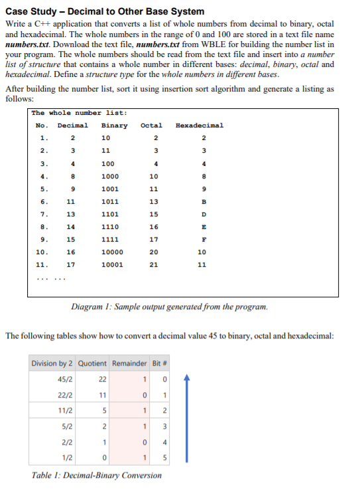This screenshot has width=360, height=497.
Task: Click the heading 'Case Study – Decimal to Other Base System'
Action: pyautogui.click(x=105, y=11)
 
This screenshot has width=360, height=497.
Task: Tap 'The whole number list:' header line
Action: pyautogui.click(x=75, y=113)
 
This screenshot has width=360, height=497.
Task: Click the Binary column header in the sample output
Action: pyautogui.click(x=115, y=125)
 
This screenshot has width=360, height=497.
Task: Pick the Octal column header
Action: pyautogui.click(x=151, y=125)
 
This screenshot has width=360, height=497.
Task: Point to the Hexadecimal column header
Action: pyautogui.click(x=200, y=125)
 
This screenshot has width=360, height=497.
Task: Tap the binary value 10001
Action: pyautogui.click(x=111, y=265)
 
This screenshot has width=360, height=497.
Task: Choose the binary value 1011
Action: pyautogui.click(x=109, y=202)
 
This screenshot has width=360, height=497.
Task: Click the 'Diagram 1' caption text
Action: pyautogui.click(x=169, y=307)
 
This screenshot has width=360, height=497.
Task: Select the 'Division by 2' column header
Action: pyautogui.click(x=52, y=363)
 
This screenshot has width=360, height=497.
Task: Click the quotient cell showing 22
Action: pyautogui.click(x=102, y=379)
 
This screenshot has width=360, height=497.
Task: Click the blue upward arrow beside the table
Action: pyautogui.click(x=188, y=419)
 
